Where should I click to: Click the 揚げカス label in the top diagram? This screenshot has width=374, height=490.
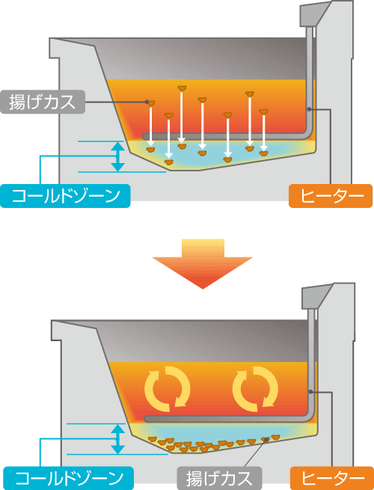[x=43, y=102]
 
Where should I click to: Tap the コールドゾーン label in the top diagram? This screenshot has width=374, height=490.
[x=65, y=196]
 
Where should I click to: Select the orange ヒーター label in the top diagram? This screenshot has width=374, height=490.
[x=331, y=196]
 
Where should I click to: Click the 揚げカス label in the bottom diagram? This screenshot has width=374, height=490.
[x=219, y=478]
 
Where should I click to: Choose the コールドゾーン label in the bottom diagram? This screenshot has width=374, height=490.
[x=68, y=478]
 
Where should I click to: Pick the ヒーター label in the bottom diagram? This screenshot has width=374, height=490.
[x=332, y=478]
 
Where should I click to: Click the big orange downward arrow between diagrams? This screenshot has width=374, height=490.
[x=203, y=264]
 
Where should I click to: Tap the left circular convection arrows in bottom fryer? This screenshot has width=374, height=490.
[x=167, y=389]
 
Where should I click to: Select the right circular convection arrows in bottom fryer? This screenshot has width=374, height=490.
[x=255, y=389]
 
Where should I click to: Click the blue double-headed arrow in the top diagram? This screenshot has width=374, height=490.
[x=117, y=156]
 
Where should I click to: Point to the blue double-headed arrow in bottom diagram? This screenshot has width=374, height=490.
[x=117, y=438]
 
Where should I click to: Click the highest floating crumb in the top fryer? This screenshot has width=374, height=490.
[x=182, y=88]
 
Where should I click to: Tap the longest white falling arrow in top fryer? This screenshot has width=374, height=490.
[x=182, y=117]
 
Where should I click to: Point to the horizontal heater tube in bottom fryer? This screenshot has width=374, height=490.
[x=227, y=419]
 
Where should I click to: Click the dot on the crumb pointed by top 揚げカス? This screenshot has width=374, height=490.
[x=147, y=102]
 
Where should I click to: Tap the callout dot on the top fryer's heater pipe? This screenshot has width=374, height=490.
[x=309, y=109]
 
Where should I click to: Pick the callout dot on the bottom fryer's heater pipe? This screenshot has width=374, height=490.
[x=310, y=391]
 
